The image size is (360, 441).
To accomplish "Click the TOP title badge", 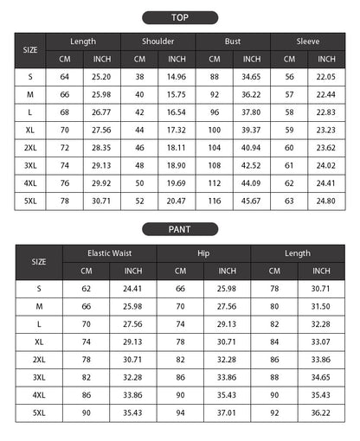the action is (180, 16).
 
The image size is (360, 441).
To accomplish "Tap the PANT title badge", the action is (180, 229).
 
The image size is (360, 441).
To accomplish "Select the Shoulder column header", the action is (157, 41).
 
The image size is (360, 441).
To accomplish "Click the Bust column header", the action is (233, 41).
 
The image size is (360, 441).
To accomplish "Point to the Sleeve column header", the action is (307, 41).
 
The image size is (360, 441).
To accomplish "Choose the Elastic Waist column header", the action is (109, 253).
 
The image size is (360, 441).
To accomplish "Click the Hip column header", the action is (203, 253).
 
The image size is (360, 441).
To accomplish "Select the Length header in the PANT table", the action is (298, 253).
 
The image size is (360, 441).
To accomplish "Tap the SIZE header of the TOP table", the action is (30, 50).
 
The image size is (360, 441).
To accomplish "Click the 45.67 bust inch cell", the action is (251, 201).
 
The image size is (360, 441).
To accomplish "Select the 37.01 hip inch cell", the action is (227, 413).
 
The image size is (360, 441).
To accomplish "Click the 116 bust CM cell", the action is (215, 201).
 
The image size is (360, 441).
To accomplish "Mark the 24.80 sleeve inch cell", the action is (326, 201).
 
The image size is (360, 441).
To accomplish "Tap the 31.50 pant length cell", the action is (321, 305).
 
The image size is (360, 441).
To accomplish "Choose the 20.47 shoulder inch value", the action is (177, 201).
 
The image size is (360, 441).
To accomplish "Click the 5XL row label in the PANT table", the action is (39, 413).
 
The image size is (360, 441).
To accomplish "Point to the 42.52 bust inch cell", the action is (251, 164).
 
